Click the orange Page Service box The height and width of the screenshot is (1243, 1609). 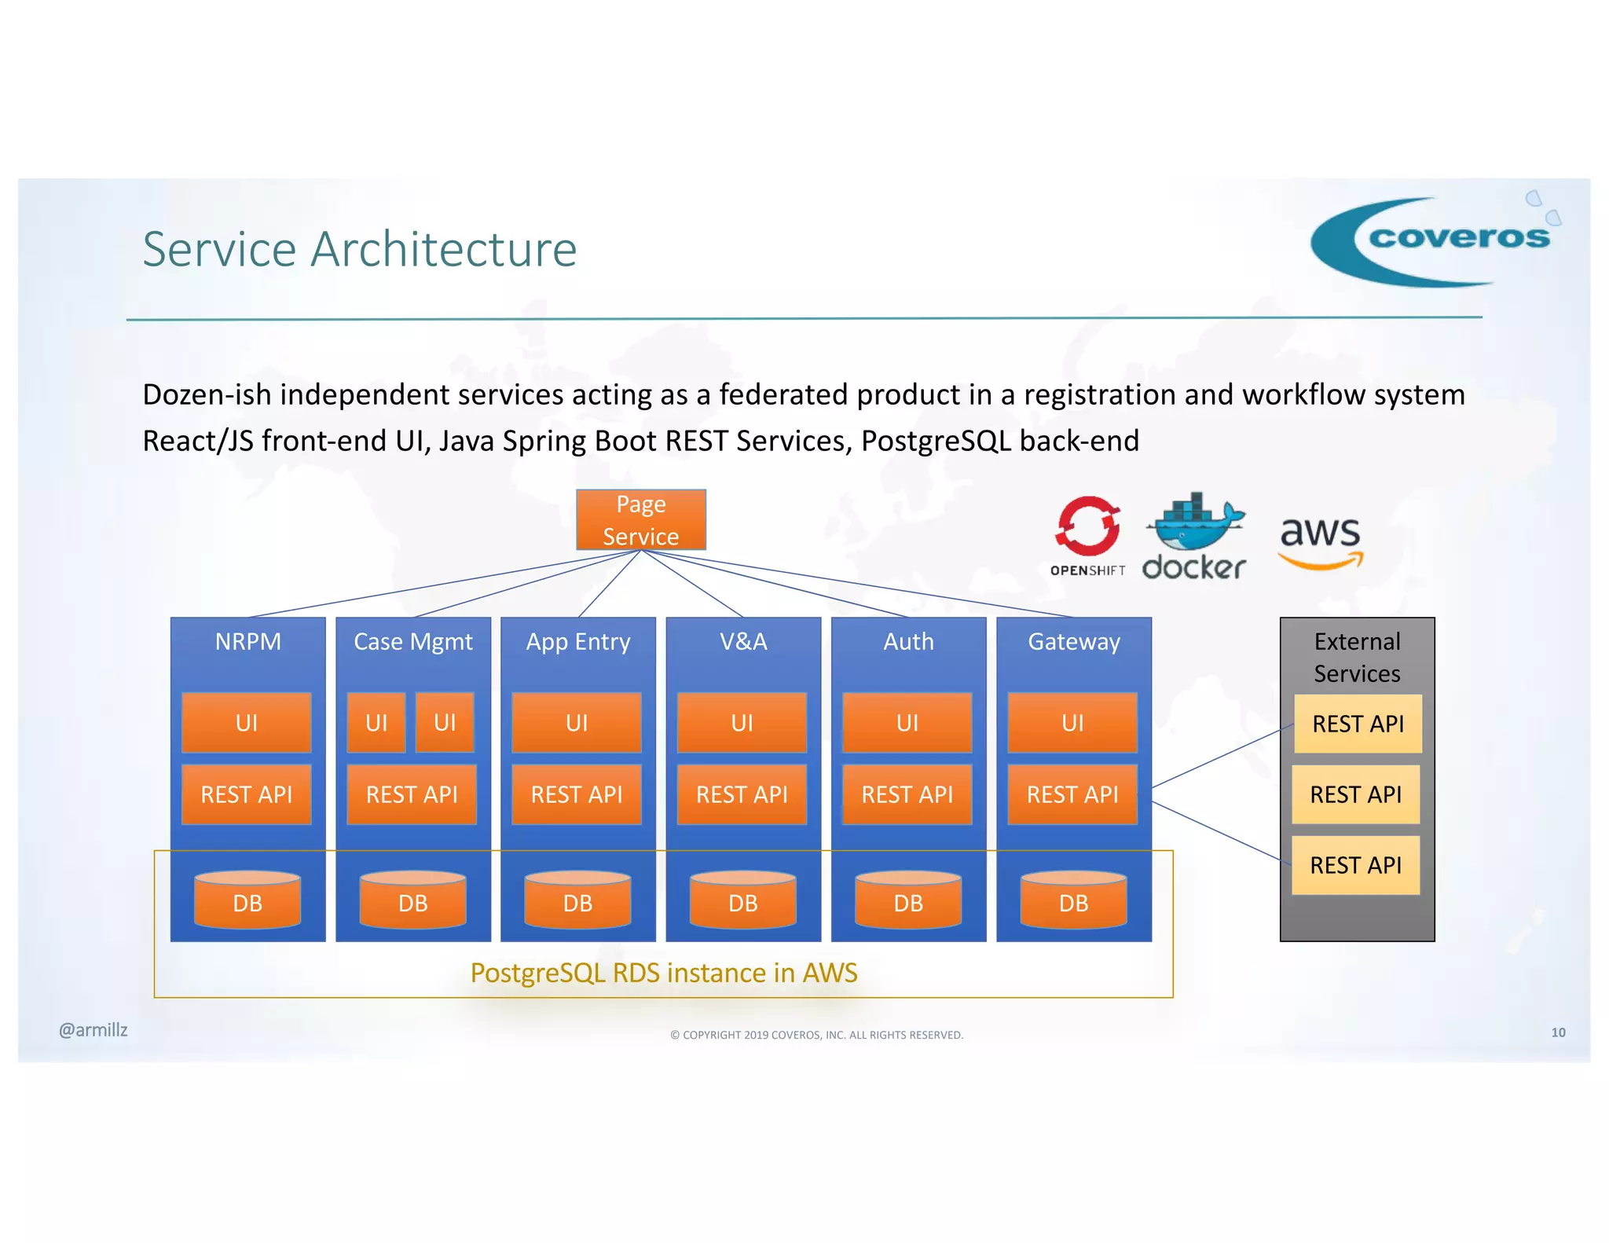(x=640, y=519)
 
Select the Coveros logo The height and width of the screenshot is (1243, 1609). (x=1434, y=241)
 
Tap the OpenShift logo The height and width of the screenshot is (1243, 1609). (x=1087, y=535)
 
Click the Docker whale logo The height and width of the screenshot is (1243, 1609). (x=1194, y=535)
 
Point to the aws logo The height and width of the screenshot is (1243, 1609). (x=1320, y=541)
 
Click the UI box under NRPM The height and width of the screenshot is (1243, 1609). (x=246, y=722)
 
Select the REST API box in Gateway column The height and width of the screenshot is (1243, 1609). (x=1072, y=794)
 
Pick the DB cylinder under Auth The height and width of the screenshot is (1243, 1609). (x=908, y=900)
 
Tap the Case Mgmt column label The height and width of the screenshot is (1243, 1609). (x=412, y=642)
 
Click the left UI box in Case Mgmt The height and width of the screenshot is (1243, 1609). (x=376, y=722)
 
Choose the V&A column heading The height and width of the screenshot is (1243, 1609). (x=743, y=642)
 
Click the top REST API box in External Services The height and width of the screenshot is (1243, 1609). (x=1357, y=724)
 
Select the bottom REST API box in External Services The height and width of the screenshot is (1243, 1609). (x=1355, y=865)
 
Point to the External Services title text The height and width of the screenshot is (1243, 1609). (x=1357, y=658)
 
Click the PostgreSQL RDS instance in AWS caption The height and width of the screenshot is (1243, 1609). (x=663, y=973)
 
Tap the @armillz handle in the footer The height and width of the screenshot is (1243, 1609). (x=93, y=1030)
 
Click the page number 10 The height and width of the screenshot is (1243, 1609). (x=1557, y=1032)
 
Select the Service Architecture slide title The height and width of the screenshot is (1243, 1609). (x=359, y=249)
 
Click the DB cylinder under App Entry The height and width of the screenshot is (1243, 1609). (x=577, y=900)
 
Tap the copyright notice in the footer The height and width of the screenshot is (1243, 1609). (x=816, y=1035)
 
